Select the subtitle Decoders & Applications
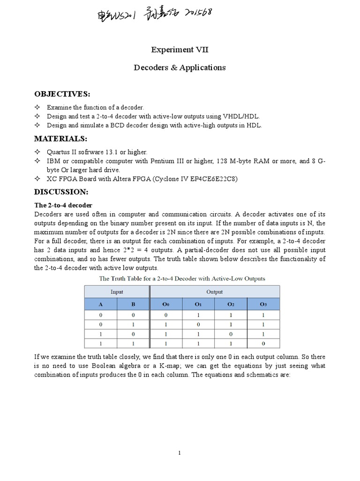click(x=180, y=68)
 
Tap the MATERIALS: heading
click(x=61, y=139)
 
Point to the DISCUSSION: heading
click(x=61, y=192)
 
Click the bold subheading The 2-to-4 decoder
click(x=64, y=205)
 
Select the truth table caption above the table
click(x=182, y=279)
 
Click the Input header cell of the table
click(x=117, y=292)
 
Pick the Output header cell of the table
click(x=215, y=292)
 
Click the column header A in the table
click(x=100, y=304)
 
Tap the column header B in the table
click(x=133, y=304)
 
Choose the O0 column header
click(x=165, y=304)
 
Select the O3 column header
click(x=263, y=304)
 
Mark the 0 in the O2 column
click(x=231, y=334)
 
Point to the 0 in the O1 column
click(x=198, y=325)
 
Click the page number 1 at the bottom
click(x=180, y=453)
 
